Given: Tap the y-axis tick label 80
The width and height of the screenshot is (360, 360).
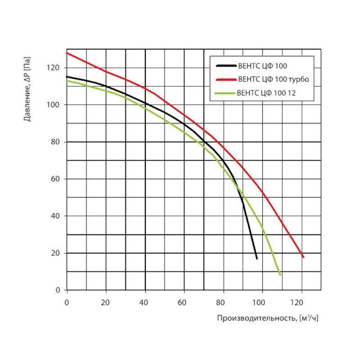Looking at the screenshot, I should [x=56, y=142].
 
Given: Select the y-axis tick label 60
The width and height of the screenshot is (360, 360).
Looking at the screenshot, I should [x=56, y=179].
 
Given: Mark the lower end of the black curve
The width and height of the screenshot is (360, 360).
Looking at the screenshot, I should [x=257, y=259].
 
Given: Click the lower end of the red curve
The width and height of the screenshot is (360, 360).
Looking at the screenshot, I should [x=304, y=257].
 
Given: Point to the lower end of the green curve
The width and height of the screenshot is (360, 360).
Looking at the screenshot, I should [x=280, y=274].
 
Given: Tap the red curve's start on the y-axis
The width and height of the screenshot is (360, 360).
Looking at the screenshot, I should [x=67, y=53].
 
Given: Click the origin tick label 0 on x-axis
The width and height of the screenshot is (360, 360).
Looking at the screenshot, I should [x=67, y=301].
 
